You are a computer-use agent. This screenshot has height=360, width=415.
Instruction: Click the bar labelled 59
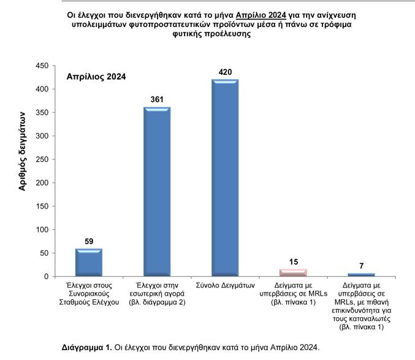pyautogui.click(x=89, y=262)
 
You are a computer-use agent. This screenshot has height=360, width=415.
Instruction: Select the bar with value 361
pyautogui.click(x=157, y=191)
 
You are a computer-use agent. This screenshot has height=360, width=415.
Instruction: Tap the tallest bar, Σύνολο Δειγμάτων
pyautogui.click(x=225, y=178)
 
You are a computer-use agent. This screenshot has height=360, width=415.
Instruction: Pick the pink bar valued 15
pyautogui.click(x=293, y=273)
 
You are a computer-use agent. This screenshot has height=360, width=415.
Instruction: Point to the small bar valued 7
pyautogui.click(x=361, y=275)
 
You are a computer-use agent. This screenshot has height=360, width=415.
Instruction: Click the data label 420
pyautogui.click(x=225, y=72)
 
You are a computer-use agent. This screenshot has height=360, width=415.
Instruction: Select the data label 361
pyautogui.click(x=157, y=99)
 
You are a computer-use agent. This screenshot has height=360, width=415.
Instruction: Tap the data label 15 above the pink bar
pyautogui.click(x=294, y=262)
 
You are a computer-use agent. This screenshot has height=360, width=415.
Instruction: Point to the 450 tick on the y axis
pyautogui.click(x=42, y=66)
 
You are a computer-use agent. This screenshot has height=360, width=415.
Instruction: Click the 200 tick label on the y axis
pyautogui.click(x=42, y=183)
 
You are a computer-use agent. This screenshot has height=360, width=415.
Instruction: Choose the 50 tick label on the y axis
pyautogui.click(x=44, y=253)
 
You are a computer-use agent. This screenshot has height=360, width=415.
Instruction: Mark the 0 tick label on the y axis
pyautogui.click(x=47, y=277)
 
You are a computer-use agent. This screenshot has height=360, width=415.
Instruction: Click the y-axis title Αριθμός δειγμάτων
pyautogui.click(x=22, y=151)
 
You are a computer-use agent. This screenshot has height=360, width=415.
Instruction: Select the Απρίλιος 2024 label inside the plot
pyautogui.click(x=96, y=77)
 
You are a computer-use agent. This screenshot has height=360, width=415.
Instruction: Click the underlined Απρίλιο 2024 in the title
pyautogui.click(x=261, y=15)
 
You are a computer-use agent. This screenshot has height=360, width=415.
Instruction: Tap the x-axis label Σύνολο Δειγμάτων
pyautogui.click(x=225, y=285)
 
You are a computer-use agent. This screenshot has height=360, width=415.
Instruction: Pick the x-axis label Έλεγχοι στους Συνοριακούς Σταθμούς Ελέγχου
pyautogui.click(x=89, y=294)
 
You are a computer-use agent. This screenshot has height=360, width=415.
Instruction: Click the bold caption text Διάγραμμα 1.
pyautogui.click(x=87, y=347)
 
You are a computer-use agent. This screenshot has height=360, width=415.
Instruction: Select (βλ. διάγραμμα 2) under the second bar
pyautogui.click(x=157, y=302)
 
